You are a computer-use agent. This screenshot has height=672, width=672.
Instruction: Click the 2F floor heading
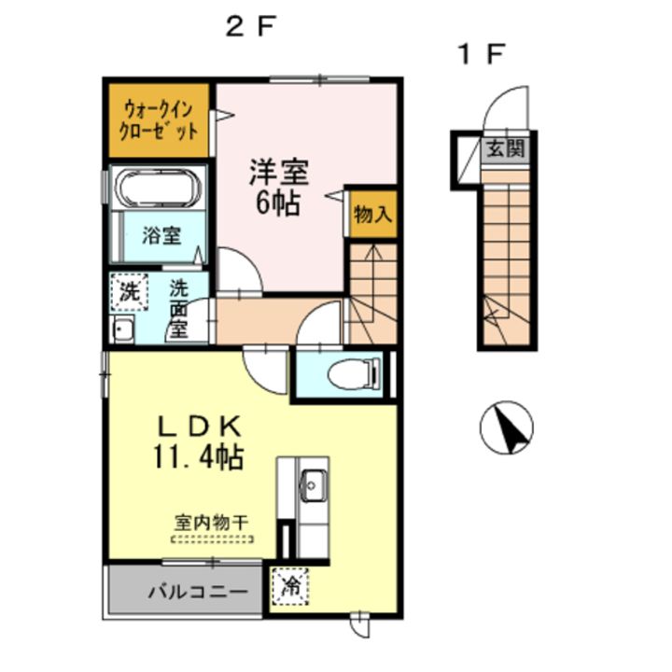pyautogui.click(x=248, y=27)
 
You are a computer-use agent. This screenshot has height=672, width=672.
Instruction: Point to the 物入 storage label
pyautogui.click(x=372, y=215)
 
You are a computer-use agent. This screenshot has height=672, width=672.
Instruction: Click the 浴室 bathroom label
pyautogui.click(x=161, y=235)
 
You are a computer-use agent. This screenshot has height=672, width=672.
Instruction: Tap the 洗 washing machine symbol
pyautogui.click(x=129, y=291)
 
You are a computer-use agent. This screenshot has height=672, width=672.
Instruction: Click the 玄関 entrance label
pyautogui.click(x=506, y=147)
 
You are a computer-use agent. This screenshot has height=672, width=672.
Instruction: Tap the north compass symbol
pyautogui.click(x=506, y=428)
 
